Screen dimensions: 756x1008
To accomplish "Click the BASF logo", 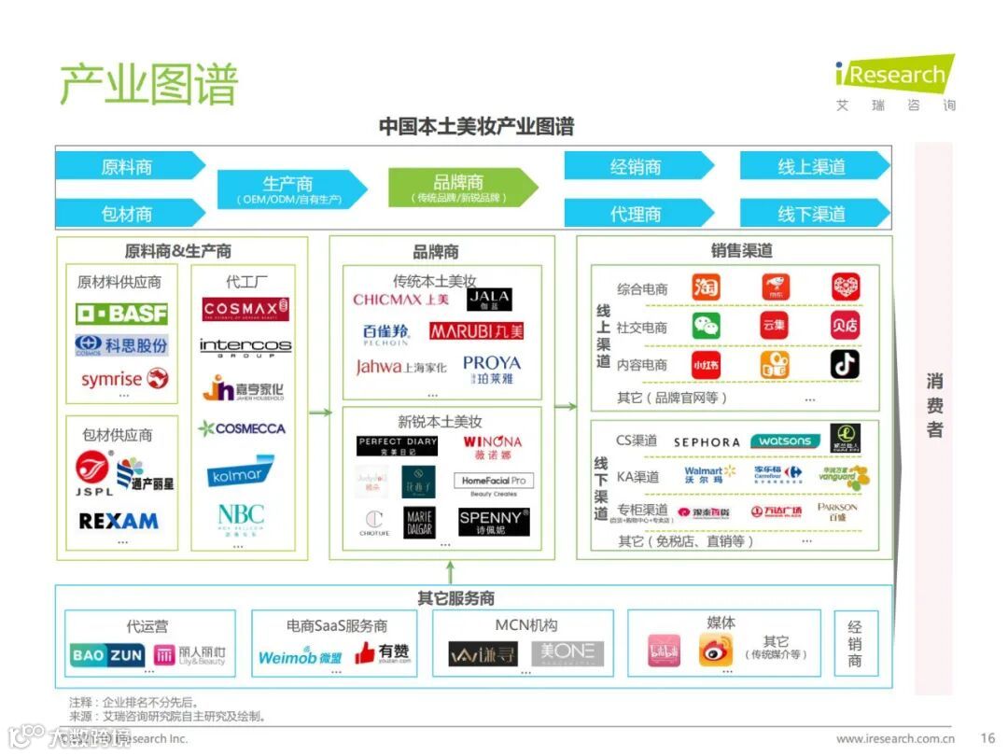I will pyautogui.click(x=121, y=313).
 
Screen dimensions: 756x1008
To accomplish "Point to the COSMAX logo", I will pyautogui.click(x=245, y=309).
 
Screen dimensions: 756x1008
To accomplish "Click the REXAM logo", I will pyautogui.click(x=119, y=521).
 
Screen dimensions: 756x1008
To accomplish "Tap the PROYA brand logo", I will pyautogui.click(x=491, y=369).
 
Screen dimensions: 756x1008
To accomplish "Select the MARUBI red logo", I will pyautogui.click(x=477, y=330).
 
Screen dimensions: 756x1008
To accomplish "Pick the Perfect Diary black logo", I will pyautogui.click(x=397, y=445).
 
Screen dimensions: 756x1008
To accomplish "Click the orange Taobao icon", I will pyautogui.click(x=706, y=287).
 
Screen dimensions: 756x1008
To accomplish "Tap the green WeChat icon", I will pyautogui.click(x=706, y=325).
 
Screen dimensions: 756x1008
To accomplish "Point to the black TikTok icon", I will pyautogui.click(x=846, y=364).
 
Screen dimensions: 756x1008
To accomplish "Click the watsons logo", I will pyautogui.click(x=785, y=441).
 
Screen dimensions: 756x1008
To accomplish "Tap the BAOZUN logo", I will pyautogui.click(x=107, y=655).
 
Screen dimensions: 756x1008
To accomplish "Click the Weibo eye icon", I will pyautogui.click(x=716, y=650).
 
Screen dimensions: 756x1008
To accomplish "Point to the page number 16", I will pyautogui.click(x=987, y=738).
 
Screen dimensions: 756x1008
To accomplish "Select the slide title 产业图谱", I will pyautogui.click(x=149, y=84).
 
